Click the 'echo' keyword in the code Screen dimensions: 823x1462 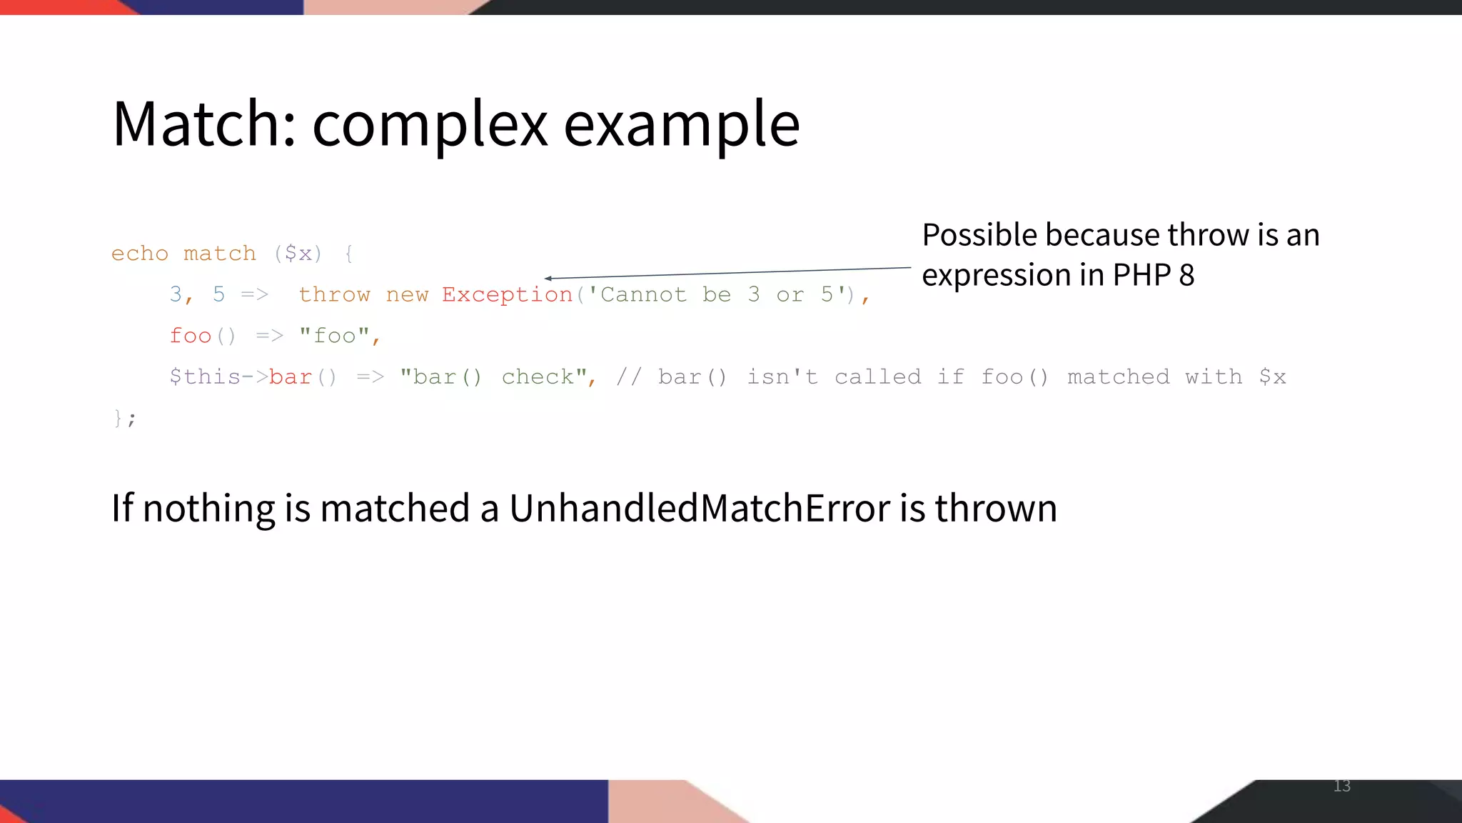140,254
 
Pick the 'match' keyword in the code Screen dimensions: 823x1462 219,254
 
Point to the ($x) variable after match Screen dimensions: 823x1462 298,254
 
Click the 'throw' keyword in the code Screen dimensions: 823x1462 334,295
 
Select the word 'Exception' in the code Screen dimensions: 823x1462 507,295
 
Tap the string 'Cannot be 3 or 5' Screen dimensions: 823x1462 720,295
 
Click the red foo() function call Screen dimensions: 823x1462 202,336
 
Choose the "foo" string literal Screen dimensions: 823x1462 334,336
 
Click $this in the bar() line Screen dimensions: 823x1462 204,377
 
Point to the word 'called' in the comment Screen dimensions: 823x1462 877,377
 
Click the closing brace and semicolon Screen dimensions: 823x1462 124,418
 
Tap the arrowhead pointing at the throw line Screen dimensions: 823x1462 548,278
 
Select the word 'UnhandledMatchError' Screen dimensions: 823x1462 700,508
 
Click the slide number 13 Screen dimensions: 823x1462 1341,786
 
